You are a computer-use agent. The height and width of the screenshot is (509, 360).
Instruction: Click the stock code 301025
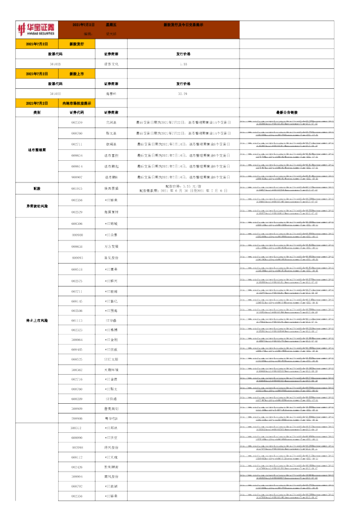tap(55, 63)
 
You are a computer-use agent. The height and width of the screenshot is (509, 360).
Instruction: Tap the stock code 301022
tap(55, 94)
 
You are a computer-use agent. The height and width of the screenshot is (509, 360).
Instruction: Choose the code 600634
tap(77, 155)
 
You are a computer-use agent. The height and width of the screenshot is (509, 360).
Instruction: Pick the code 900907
tap(77, 177)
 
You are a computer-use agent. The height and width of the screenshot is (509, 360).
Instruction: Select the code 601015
tap(77, 189)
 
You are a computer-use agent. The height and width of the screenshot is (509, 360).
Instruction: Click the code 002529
tap(77, 212)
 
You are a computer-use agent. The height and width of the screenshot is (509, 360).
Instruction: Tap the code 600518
tap(77, 269)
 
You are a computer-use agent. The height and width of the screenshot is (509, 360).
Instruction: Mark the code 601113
tap(77, 320)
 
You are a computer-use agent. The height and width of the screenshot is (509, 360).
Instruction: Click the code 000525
tap(77, 359)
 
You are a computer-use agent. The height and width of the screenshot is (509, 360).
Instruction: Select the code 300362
tap(77, 369)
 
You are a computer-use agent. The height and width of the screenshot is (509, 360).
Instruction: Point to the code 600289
tap(77, 398)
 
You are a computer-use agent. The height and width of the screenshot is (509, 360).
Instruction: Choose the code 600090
tap(77, 437)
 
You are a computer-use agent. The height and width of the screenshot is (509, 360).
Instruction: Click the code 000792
tap(77, 486)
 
